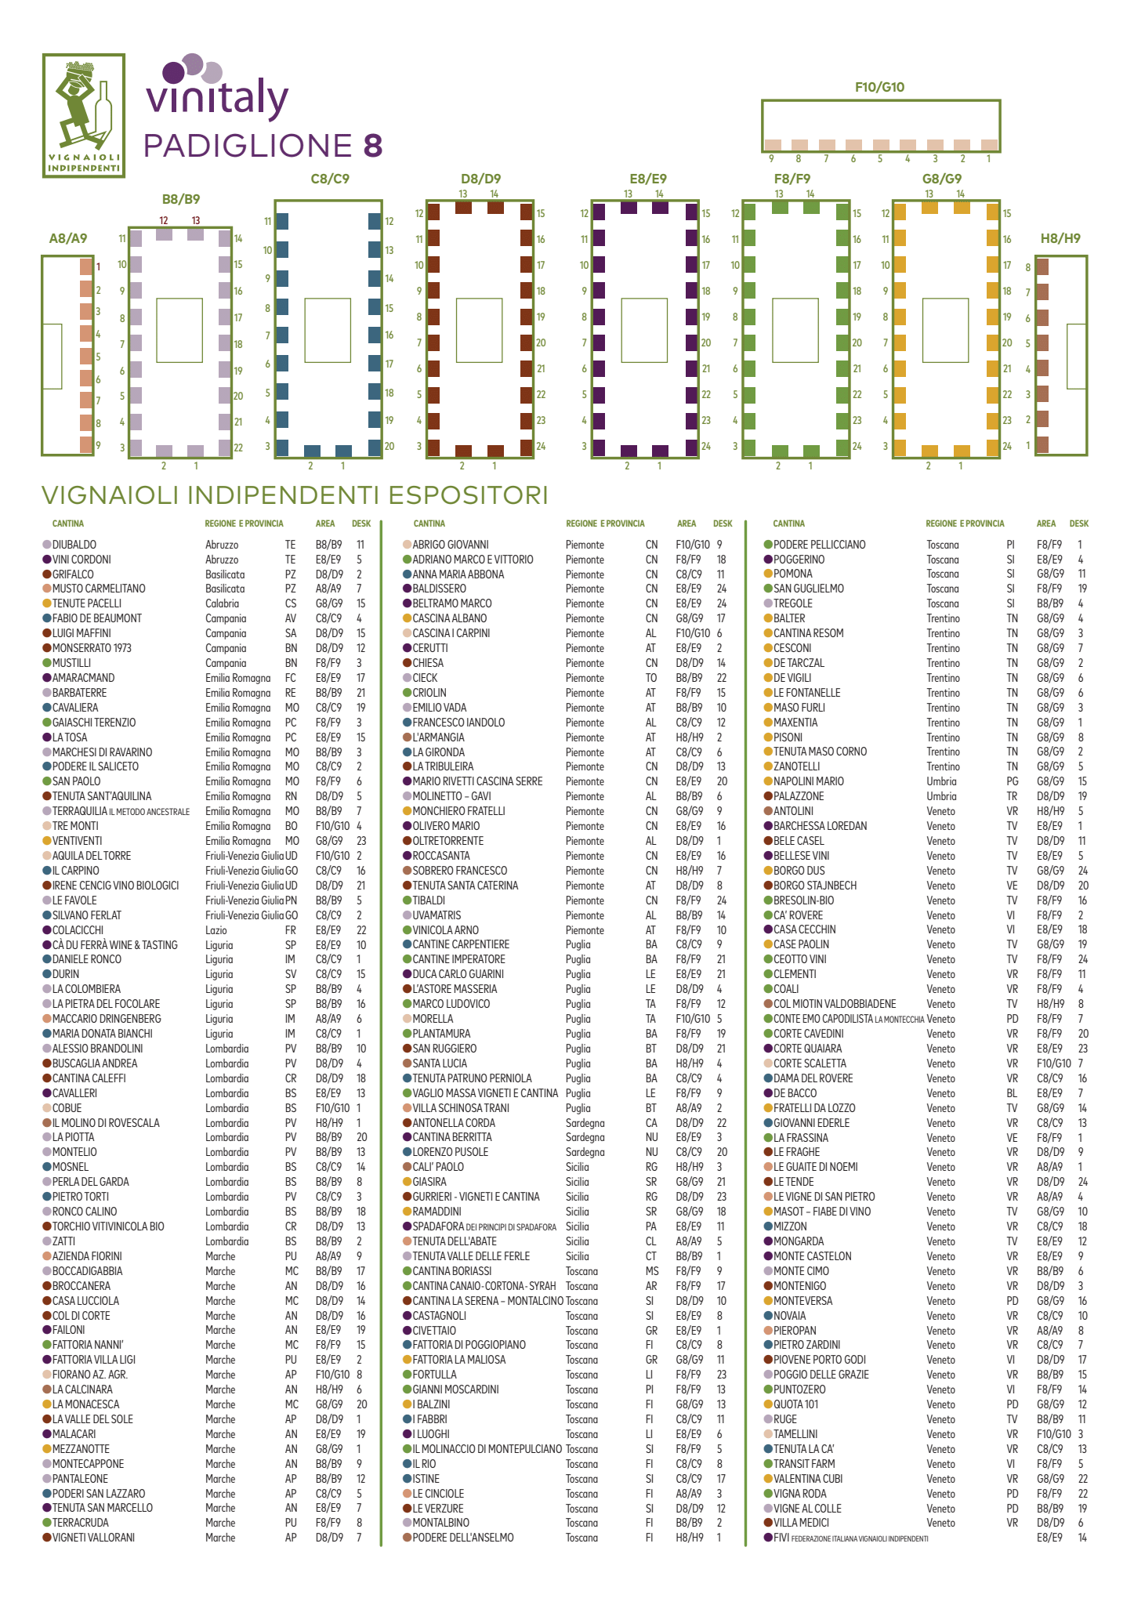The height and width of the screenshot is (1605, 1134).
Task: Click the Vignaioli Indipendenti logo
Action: tap(84, 115)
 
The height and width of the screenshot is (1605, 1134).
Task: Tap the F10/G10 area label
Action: tap(879, 87)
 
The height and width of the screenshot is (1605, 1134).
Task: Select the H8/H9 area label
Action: tap(1060, 238)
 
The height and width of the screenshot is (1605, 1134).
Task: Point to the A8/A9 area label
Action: tap(68, 238)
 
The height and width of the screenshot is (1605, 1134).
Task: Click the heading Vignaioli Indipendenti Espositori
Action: tap(295, 495)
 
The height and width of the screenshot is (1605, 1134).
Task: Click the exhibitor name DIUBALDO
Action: tap(74, 545)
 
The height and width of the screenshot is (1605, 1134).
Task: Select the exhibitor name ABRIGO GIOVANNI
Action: tap(450, 545)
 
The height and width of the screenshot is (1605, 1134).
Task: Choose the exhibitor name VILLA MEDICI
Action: tap(801, 1523)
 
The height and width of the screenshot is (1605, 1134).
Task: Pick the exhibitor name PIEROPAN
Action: tap(795, 1331)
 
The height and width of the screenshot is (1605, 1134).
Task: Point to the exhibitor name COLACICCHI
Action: tap(78, 930)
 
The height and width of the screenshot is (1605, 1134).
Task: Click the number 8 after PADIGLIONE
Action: tap(373, 146)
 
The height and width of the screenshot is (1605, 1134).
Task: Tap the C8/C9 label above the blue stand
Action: tap(330, 179)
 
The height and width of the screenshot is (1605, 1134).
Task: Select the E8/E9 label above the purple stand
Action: tap(648, 179)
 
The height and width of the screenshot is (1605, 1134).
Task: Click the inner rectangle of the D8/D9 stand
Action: tap(479, 330)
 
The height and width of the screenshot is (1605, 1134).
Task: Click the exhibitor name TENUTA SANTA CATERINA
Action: tap(465, 886)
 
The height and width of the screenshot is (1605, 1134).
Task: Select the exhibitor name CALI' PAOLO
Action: tap(438, 1167)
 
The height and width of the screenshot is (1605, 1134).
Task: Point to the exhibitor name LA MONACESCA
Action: tap(85, 1404)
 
